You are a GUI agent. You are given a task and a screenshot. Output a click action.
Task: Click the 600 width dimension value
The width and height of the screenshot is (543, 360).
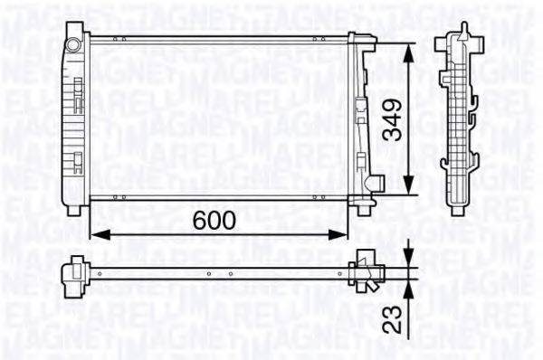(x=214, y=220)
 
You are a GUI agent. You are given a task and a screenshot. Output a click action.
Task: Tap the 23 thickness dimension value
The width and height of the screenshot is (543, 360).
(x=390, y=319)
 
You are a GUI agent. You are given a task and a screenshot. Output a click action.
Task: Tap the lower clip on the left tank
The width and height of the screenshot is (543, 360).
(x=77, y=162)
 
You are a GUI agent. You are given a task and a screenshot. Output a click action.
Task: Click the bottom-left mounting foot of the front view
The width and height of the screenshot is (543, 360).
(x=74, y=209)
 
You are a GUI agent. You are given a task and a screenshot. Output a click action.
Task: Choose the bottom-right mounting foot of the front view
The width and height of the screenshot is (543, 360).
(x=364, y=209)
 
